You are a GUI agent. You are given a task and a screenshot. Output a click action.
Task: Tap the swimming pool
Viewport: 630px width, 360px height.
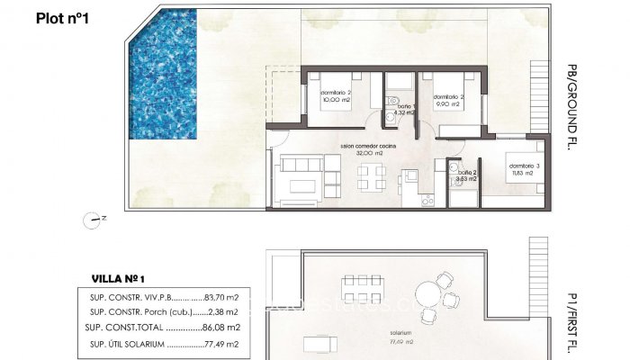click(x=163, y=82)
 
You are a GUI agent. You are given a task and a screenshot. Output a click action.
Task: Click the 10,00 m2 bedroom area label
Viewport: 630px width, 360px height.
click(x=337, y=101)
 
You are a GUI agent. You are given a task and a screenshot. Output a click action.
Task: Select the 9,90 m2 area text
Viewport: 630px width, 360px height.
click(x=447, y=104)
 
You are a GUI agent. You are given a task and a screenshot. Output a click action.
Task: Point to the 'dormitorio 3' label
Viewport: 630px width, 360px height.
click(x=521, y=166)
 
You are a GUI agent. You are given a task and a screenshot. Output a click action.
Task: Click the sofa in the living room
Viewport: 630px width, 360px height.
click(x=298, y=177)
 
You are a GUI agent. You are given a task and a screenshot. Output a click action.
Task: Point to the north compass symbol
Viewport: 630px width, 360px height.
click(x=94, y=218)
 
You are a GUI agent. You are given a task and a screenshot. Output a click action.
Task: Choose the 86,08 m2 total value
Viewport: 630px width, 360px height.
click(x=220, y=328)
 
